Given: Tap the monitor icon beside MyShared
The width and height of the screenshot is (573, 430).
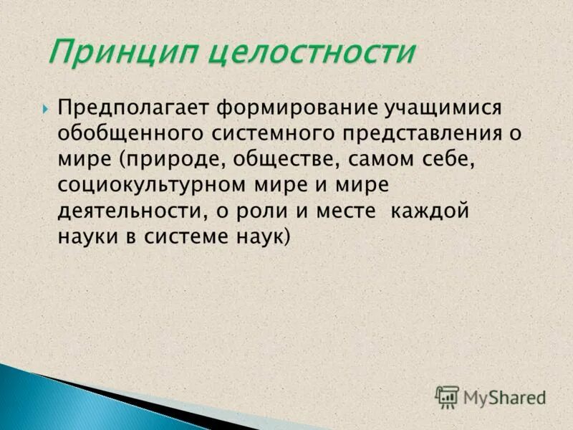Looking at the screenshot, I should [x=447, y=396].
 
